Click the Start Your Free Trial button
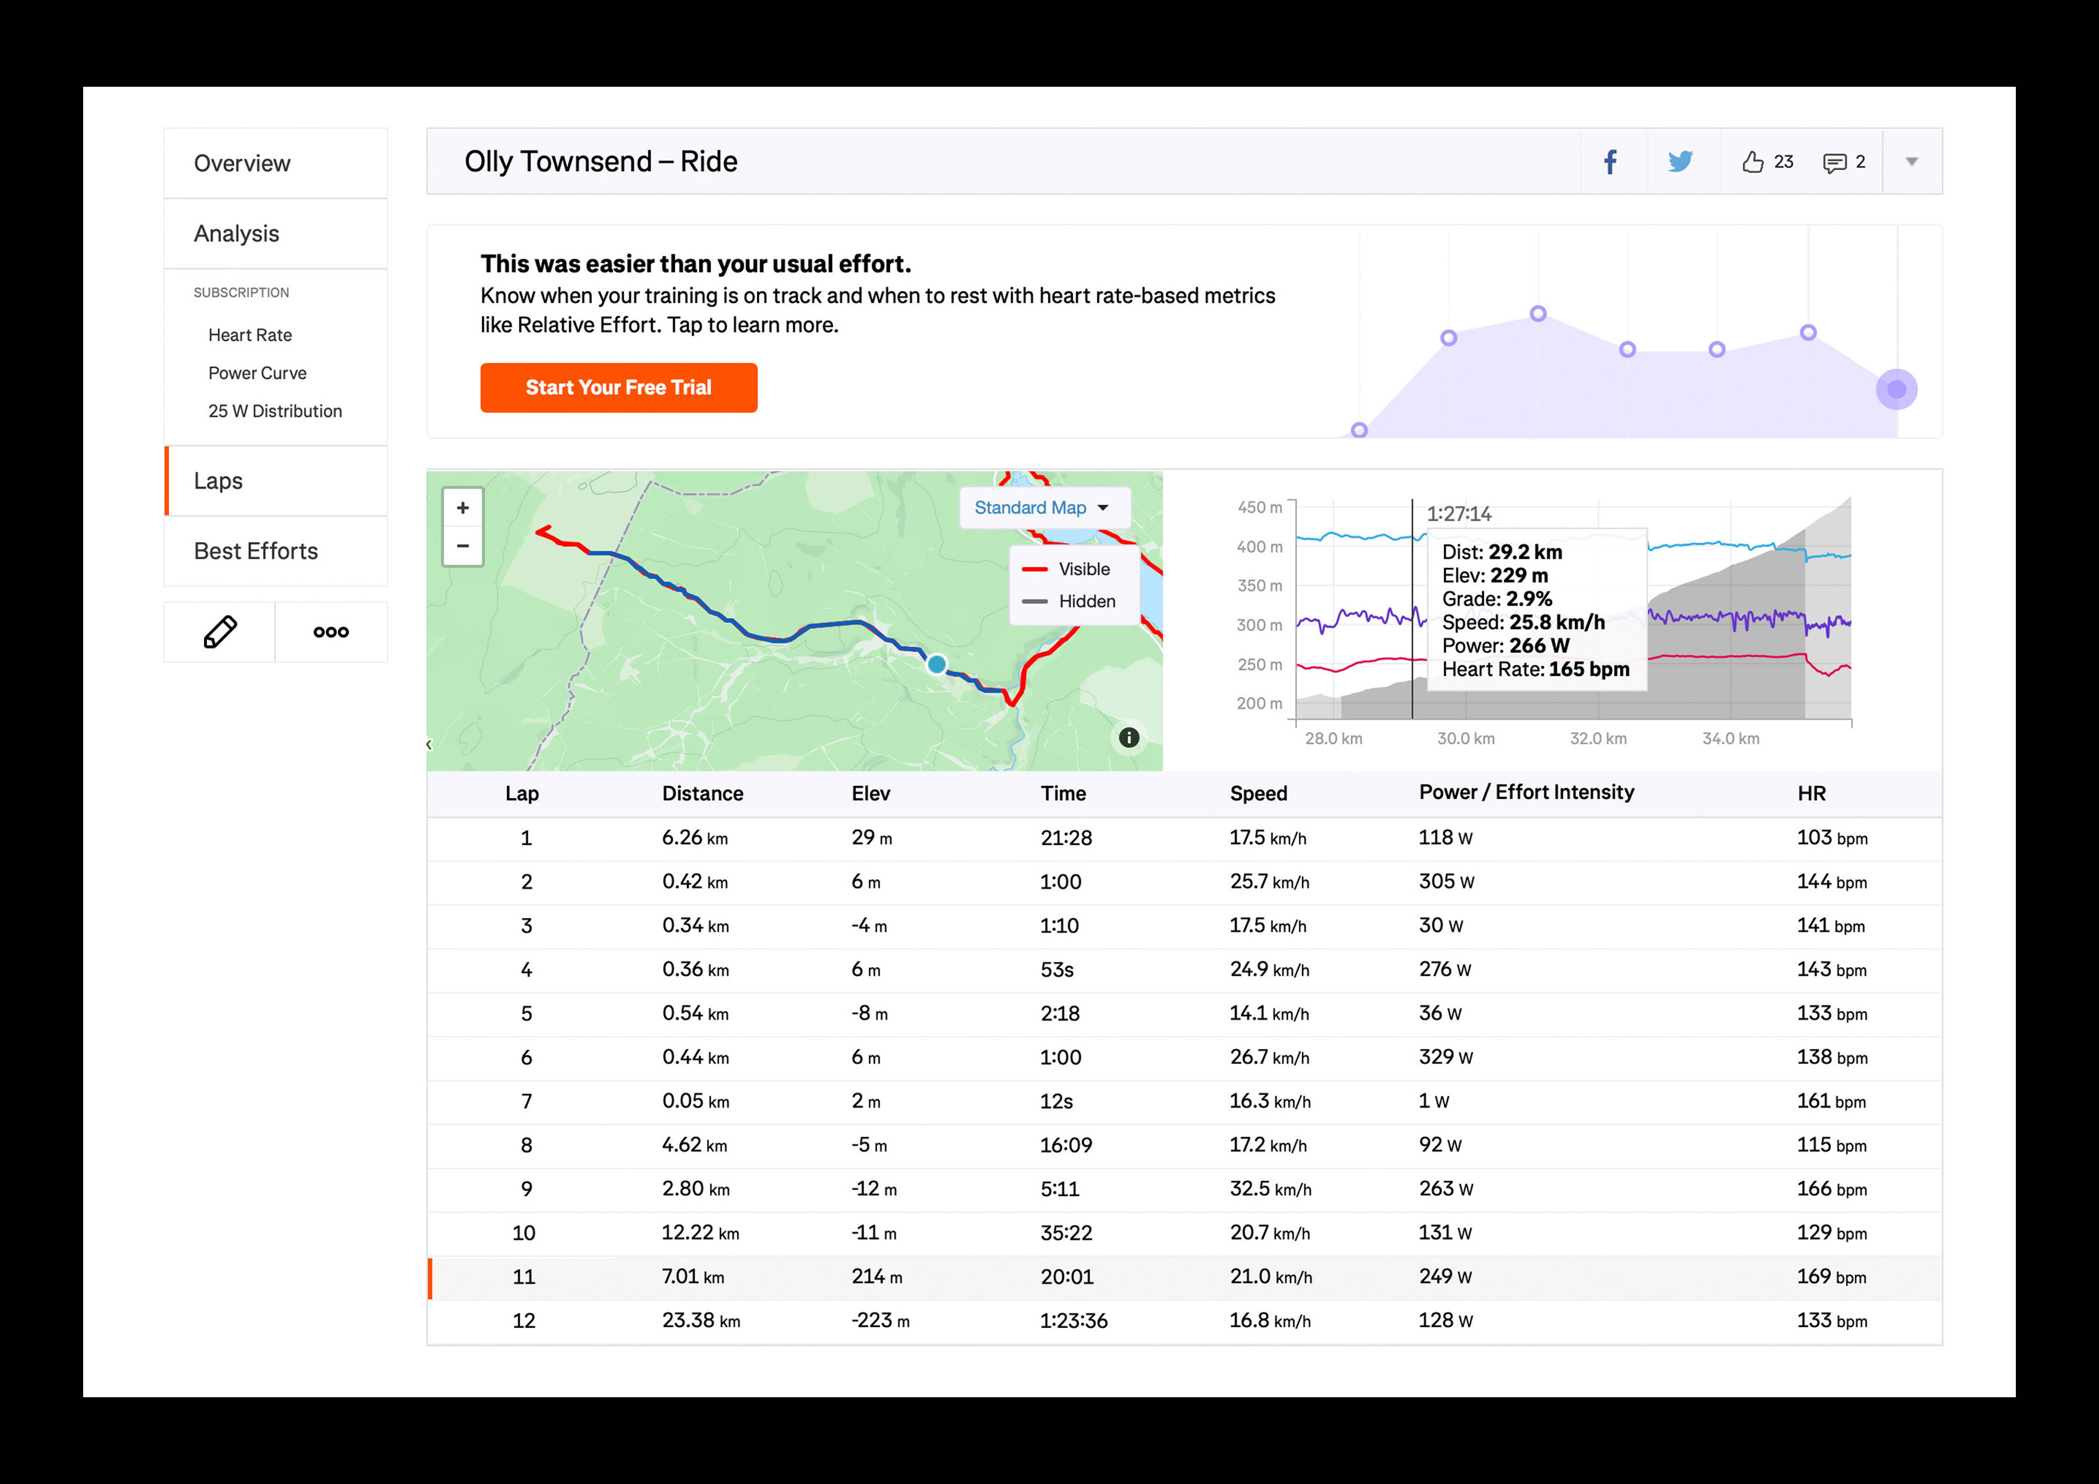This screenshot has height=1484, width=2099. click(x=618, y=388)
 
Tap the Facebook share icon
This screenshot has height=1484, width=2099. click(x=1610, y=162)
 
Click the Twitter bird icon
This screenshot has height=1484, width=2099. click(x=1680, y=162)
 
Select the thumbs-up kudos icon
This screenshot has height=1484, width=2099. click(x=1751, y=162)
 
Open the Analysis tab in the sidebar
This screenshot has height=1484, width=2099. click(x=237, y=234)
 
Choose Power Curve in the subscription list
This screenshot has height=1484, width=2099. click(x=257, y=373)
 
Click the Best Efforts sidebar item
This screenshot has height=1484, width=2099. click(x=256, y=551)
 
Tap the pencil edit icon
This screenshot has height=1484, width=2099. click(x=220, y=632)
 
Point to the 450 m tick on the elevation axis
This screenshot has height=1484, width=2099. click(x=1259, y=507)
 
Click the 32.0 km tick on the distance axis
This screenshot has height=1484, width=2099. click(x=1598, y=738)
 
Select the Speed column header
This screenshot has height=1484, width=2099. click(x=1258, y=793)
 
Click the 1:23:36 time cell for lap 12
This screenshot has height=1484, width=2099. click(x=1073, y=1320)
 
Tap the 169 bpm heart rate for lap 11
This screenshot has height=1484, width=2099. click(x=1831, y=1276)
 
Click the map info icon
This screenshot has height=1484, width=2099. click(x=1129, y=737)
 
